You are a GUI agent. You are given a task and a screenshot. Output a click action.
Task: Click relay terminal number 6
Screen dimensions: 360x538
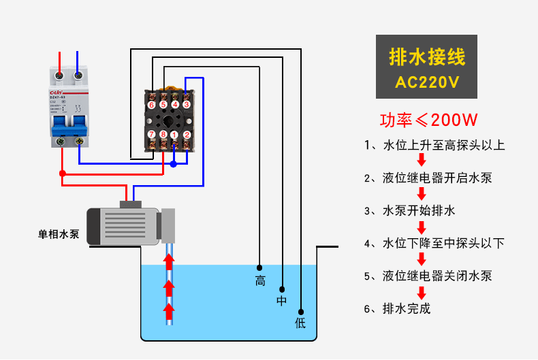(x=151, y=104)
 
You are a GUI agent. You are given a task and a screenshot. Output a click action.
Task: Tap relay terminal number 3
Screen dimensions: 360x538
(x=187, y=104)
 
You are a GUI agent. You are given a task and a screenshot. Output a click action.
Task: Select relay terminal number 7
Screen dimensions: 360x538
(x=151, y=135)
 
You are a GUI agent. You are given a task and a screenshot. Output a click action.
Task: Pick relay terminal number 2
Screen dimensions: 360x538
(x=187, y=135)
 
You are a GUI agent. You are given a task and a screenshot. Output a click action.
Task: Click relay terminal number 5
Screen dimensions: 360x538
(x=163, y=104)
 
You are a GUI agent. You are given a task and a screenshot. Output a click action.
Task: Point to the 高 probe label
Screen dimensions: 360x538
(x=260, y=280)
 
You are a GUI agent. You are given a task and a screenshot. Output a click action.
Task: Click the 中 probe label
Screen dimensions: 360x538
(x=282, y=301)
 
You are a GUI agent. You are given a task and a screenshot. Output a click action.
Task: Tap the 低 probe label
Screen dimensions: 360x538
(x=300, y=323)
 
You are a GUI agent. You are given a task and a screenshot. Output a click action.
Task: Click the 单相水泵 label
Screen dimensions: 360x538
(x=59, y=234)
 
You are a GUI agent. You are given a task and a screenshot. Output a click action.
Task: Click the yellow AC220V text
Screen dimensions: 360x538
(x=427, y=83)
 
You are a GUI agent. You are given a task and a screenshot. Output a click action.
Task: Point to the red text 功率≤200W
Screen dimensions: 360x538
(x=428, y=120)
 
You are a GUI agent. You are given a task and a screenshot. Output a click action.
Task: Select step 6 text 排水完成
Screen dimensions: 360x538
(x=407, y=308)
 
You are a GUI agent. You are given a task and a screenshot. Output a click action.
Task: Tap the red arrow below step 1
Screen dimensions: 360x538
(x=422, y=161)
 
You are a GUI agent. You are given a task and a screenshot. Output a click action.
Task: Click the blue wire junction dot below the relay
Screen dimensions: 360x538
(x=174, y=164)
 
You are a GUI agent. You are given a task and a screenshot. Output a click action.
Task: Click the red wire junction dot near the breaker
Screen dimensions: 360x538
(x=63, y=174)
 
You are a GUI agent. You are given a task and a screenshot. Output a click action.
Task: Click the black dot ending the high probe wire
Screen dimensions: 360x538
(x=259, y=267)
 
